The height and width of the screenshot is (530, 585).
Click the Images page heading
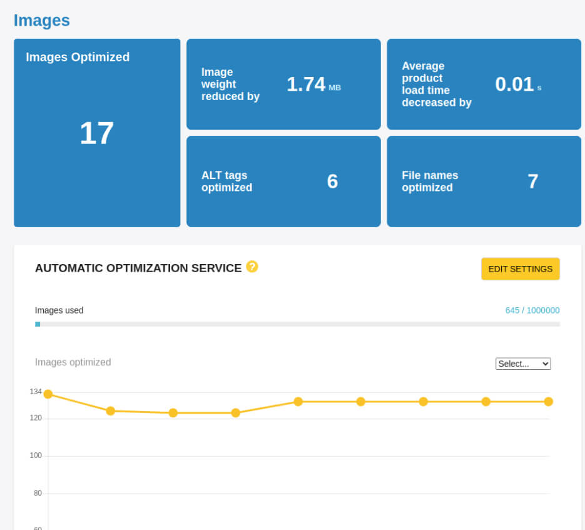(41, 21)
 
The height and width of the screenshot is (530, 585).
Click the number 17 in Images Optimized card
(96, 133)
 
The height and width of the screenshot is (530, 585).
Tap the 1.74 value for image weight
(305, 84)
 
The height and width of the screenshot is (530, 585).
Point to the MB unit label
(335, 88)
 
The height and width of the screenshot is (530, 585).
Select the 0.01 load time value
(514, 84)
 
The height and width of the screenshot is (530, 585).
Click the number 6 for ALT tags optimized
(332, 181)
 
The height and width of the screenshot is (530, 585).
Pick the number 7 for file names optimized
(532, 181)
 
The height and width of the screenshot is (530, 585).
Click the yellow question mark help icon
(252, 267)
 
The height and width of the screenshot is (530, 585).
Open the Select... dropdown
(522, 364)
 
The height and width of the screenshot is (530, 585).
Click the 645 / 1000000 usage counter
(532, 310)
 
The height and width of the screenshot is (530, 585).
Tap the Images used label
(59, 310)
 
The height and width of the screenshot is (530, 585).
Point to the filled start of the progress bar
(38, 324)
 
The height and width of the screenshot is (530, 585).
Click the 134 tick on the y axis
(36, 392)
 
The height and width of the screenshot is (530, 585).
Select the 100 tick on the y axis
(36, 456)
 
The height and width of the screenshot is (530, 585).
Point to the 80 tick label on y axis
(38, 493)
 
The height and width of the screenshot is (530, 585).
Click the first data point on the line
(48, 394)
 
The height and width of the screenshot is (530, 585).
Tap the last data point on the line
(548, 402)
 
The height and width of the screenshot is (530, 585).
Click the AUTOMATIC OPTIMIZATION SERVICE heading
(138, 268)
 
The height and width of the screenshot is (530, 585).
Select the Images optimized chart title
(73, 362)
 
